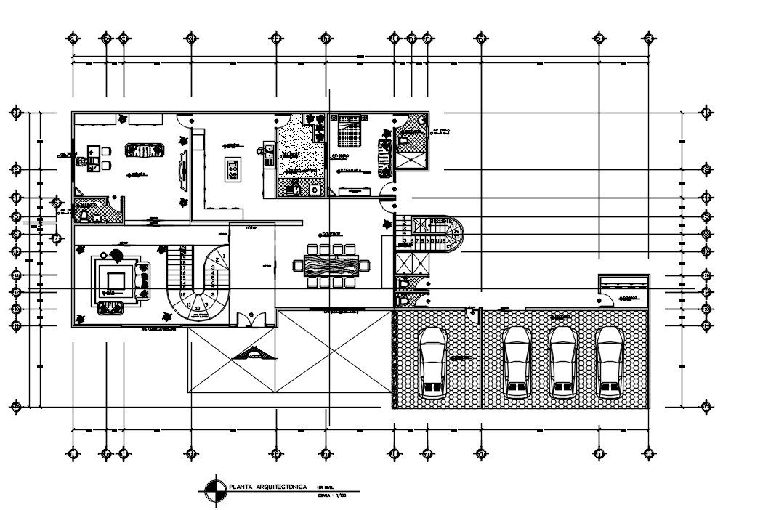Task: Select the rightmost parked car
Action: (x=609, y=361)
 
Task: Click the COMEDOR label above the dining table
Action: (x=330, y=234)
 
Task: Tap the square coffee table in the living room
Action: (x=113, y=279)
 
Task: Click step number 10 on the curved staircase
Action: (x=198, y=307)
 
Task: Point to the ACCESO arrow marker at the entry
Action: (x=254, y=356)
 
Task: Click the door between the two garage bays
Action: (x=473, y=313)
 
